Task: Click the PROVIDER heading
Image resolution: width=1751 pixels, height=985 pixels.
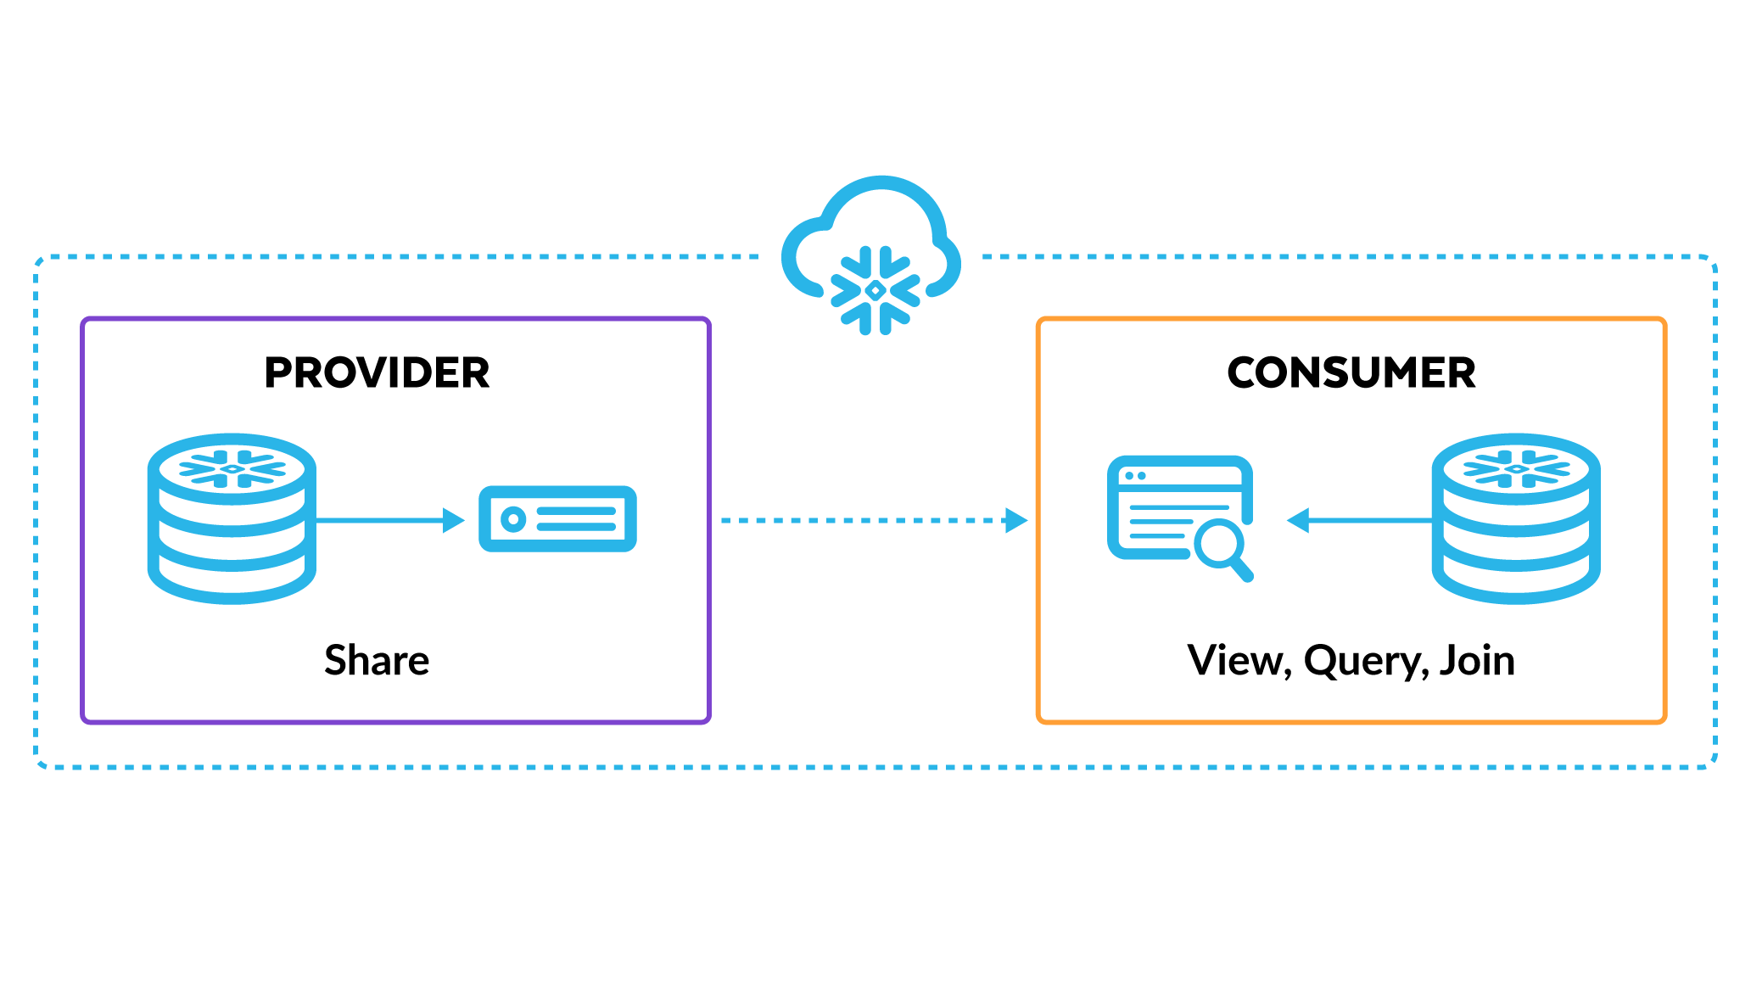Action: pyautogui.click(x=377, y=373)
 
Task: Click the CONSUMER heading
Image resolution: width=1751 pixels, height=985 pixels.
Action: pyautogui.click(x=1351, y=373)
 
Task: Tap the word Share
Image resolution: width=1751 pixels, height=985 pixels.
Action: pyautogui.click(x=377, y=660)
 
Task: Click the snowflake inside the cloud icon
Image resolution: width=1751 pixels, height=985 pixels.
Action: pyautogui.click(x=875, y=290)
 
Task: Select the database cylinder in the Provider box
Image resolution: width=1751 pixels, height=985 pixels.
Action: pyautogui.click(x=232, y=519)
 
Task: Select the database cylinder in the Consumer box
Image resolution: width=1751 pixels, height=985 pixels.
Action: pyautogui.click(x=1516, y=519)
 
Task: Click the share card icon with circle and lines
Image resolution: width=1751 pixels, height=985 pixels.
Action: pyautogui.click(x=557, y=519)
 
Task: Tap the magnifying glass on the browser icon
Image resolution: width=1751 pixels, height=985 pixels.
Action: pyautogui.click(x=1222, y=547)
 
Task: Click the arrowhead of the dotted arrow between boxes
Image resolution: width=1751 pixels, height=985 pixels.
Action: pyautogui.click(x=1015, y=520)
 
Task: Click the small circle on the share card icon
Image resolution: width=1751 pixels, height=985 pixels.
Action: pyautogui.click(x=513, y=519)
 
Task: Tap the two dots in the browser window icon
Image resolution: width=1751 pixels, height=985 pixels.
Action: pyautogui.click(x=1135, y=476)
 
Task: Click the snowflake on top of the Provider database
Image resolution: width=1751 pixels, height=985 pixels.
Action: pyautogui.click(x=232, y=468)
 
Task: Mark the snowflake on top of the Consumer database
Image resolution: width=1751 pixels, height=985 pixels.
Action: pyautogui.click(x=1516, y=468)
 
